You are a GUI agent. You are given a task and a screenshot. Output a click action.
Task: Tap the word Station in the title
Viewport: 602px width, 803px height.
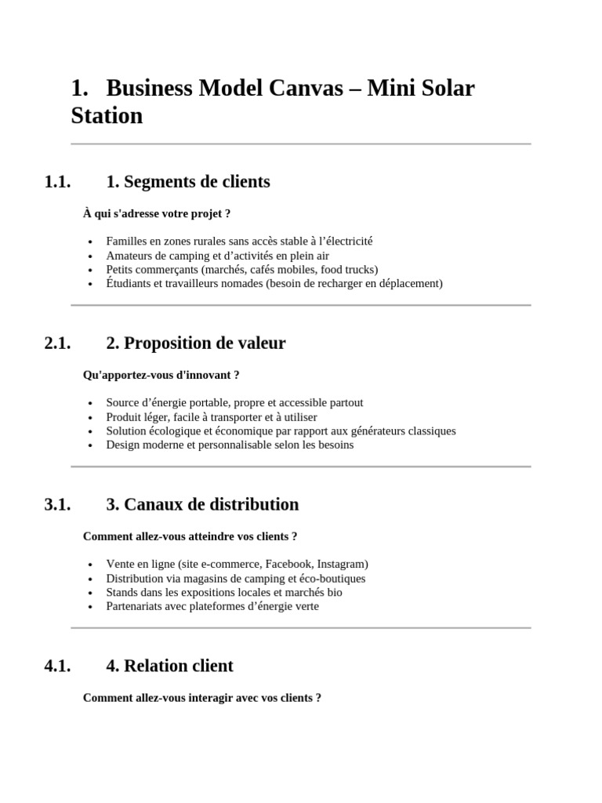107,116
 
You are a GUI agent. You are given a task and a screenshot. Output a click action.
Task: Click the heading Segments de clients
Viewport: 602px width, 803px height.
187,182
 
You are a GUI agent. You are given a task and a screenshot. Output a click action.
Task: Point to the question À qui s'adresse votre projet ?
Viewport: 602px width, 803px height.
157,213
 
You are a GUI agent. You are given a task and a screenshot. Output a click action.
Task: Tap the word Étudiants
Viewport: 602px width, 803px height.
129,283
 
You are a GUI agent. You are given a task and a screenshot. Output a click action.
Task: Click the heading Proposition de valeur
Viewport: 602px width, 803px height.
195,343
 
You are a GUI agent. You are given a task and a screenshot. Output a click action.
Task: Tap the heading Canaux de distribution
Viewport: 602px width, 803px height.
201,505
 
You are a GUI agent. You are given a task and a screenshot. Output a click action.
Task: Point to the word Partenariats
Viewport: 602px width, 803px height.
135,606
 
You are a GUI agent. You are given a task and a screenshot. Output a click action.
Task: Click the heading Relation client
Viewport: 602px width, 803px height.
169,667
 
